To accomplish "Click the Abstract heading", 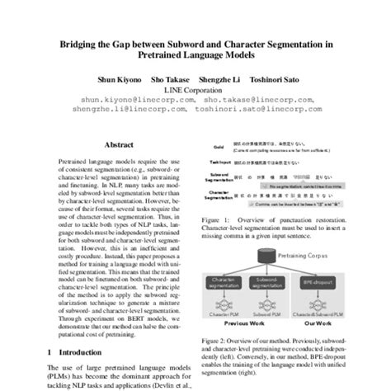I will [x=120, y=143].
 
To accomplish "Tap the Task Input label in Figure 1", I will [x=218, y=163].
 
